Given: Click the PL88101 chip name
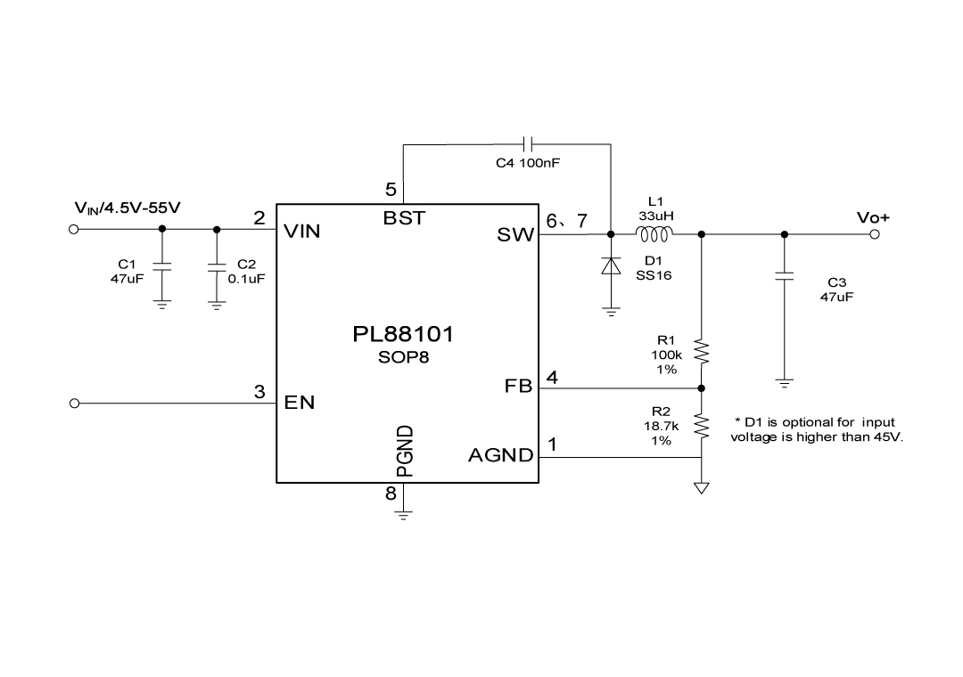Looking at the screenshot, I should coord(403,335).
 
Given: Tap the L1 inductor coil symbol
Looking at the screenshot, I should coord(655,234).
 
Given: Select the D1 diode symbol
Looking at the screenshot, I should coord(611,265).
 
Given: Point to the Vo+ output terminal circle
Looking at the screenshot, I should coord(875,234).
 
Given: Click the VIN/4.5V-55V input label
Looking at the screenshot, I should coord(128,208).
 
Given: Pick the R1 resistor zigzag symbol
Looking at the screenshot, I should coord(702,352).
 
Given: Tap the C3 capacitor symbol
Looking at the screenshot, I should coord(785,277).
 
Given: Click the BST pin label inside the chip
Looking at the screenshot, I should coord(404,216).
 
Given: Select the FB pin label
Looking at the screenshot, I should coord(518,386).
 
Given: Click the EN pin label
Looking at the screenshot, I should coord(300,403).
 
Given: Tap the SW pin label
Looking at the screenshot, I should coord(516,234).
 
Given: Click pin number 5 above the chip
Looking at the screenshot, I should coord(391,190).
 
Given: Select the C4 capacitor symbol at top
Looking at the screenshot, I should coord(529,143).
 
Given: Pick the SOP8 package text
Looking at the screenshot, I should coord(403,358).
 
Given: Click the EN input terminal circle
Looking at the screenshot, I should coord(76,404).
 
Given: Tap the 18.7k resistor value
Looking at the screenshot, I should coord(661,426).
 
